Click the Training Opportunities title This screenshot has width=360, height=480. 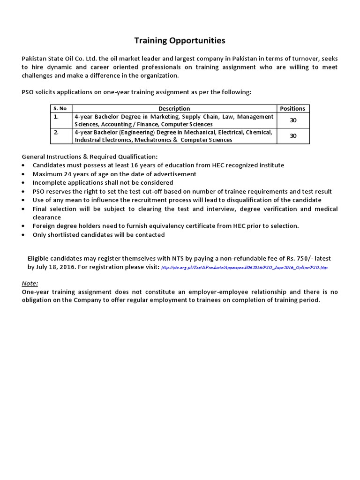(x=180, y=41)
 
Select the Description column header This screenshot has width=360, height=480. (x=174, y=108)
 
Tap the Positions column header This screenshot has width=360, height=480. (x=292, y=108)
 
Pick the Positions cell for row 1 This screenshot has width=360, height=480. (x=293, y=120)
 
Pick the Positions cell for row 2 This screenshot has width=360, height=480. (x=293, y=136)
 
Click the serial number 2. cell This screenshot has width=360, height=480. (x=56, y=133)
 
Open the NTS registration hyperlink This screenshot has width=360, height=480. (x=244, y=268)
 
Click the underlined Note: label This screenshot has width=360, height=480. (x=30, y=284)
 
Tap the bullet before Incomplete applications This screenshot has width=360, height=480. (x=24, y=183)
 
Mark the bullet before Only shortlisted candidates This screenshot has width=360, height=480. (x=24, y=235)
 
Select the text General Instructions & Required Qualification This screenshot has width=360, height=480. (x=90, y=157)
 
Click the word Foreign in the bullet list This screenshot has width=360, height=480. (x=44, y=226)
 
